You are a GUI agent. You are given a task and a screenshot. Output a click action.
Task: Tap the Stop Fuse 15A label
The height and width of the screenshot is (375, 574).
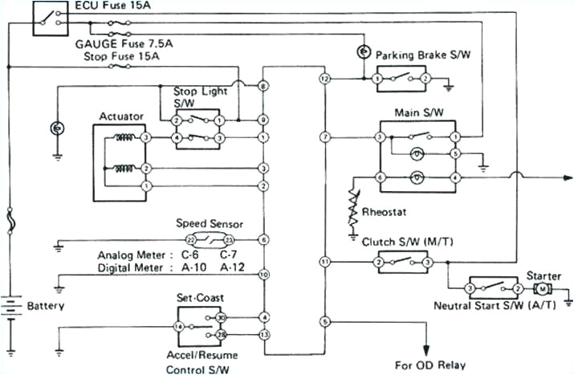click(x=121, y=57)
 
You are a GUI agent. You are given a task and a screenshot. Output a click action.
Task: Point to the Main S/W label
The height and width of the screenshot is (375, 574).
click(x=416, y=112)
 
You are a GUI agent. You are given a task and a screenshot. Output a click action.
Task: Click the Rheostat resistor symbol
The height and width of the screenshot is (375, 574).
click(x=352, y=206)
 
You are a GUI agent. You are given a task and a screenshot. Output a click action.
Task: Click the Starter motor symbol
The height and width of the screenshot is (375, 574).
click(x=543, y=288)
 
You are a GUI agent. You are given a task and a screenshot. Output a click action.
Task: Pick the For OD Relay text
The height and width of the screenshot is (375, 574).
click(x=429, y=365)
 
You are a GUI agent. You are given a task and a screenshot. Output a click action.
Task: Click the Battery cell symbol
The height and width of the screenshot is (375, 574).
click(x=11, y=305)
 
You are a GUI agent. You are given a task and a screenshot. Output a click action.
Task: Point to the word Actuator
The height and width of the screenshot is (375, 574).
click(x=120, y=116)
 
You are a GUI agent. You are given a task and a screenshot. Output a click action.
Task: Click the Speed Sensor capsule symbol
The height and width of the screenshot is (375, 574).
click(x=210, y=240)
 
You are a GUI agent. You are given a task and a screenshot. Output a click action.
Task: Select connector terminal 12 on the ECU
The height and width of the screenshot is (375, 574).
click(x=324, y=79)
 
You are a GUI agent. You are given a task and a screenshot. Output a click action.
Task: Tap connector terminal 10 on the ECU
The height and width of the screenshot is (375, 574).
click(x=263, y=275)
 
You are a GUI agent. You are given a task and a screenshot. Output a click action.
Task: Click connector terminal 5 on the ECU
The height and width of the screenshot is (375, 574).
click(x=324, y=322)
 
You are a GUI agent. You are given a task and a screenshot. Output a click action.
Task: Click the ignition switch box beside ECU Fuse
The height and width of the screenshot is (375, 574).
click(x=50, y=18)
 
